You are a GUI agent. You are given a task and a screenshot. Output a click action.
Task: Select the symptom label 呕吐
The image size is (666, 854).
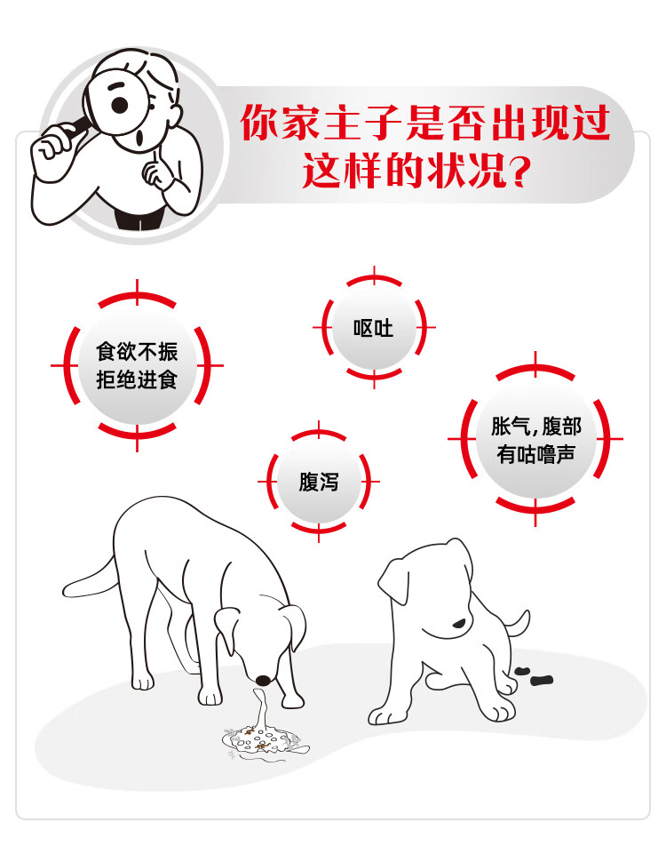click(373, 329)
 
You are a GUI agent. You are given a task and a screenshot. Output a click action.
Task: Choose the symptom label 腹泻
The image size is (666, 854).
click(318, 482)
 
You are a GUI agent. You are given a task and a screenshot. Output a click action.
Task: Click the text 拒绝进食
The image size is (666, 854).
click(137, 379)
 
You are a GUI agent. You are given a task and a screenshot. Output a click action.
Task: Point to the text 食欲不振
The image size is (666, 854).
click(137, 352)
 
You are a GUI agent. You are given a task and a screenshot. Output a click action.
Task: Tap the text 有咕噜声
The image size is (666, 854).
click(535, 454)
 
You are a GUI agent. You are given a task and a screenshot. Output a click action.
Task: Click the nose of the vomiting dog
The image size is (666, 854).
click(264, 680)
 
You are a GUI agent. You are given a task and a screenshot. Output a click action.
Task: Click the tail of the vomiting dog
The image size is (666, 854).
click(90, 579)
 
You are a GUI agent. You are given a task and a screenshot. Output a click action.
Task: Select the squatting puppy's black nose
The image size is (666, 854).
click(460, 623)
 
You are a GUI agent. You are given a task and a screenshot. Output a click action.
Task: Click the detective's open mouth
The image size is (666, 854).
click(141, 138)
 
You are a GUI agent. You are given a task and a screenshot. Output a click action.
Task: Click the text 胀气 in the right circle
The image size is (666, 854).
click(511, 427)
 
